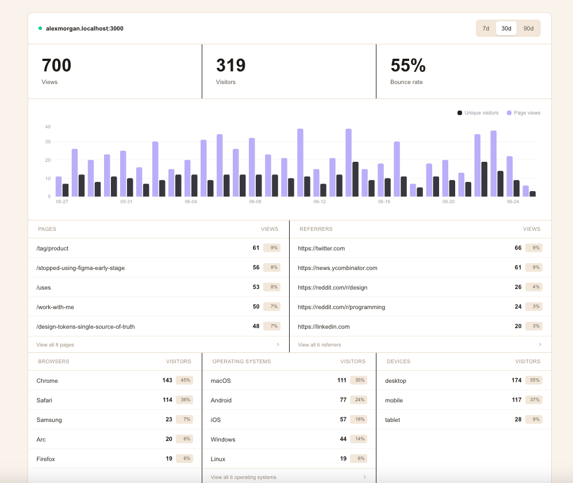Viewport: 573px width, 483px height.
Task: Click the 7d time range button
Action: point(486,28)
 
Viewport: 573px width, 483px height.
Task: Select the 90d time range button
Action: point(528,28)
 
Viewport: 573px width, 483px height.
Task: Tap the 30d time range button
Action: point(506,28)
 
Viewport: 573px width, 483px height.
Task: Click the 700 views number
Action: point(56,66)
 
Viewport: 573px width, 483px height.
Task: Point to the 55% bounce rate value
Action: point(408,66)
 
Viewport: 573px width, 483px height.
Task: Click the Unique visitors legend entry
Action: point(478,113)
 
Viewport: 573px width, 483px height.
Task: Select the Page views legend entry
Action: point(524,113)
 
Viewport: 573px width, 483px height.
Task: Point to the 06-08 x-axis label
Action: point(255,201)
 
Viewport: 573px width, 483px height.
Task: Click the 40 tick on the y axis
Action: point(48,127)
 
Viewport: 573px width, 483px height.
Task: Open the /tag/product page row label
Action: point(52,248)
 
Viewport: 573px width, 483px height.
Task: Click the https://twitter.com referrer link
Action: point(321,248)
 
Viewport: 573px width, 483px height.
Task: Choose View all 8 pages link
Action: point(55,345)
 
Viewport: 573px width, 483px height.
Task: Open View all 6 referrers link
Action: point(320,345)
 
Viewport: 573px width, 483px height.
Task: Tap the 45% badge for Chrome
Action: point(184,380)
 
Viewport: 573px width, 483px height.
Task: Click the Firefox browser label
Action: point(45,459)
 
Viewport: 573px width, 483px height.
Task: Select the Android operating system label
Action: point(221,400)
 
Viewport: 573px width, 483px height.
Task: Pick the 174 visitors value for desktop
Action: point(516,380)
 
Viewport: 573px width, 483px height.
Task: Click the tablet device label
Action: point(393,420)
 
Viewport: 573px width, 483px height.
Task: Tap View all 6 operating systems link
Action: point(243,477)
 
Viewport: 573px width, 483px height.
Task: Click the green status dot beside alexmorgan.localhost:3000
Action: point(40,28)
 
